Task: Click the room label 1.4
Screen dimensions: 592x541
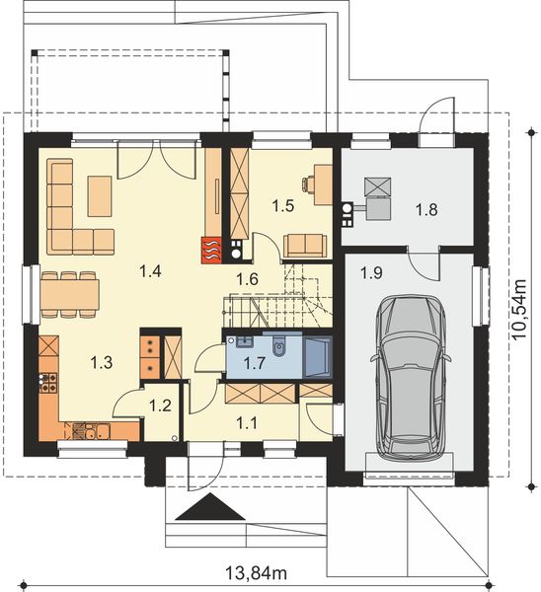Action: (x=150, y=269)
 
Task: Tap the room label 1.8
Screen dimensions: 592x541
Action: (x=425, y=209)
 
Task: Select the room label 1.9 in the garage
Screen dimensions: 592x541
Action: (x=371, y=271)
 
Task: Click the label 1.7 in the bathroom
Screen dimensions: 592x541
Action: (x=254, y=363)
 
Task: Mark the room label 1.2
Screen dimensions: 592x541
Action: (x=159, y=404)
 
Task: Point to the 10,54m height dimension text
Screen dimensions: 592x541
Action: (x=521, y=306)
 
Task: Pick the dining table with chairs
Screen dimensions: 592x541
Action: (x=69, y=293)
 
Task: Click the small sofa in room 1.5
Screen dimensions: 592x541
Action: (x=304, y=244)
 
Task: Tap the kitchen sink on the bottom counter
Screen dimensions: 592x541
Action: (x=92, y=429)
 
